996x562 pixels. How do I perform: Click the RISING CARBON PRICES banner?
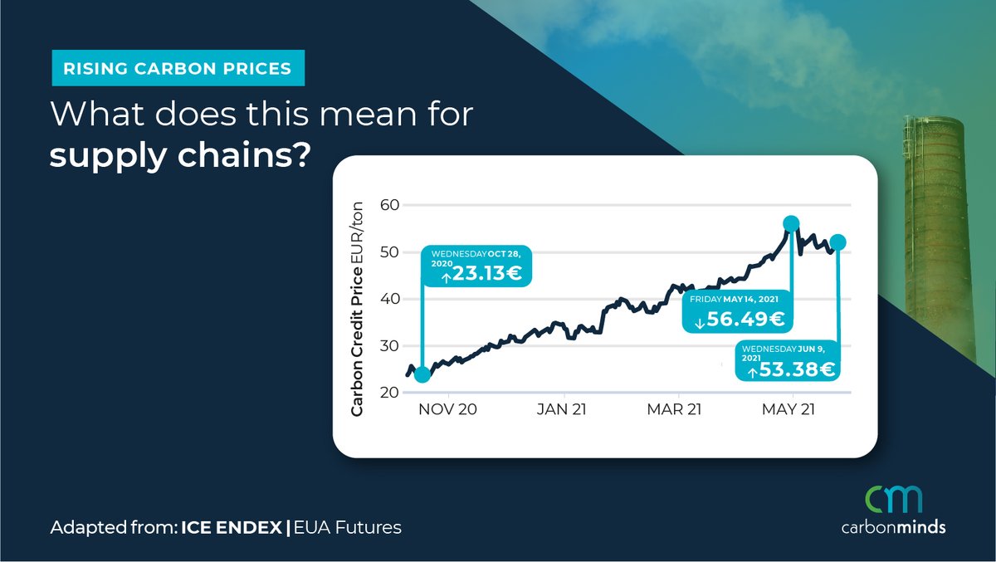[x=178, y=68]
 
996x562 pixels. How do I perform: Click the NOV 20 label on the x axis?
[x=447, y=409]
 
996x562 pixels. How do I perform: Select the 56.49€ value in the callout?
[x=745, y=318]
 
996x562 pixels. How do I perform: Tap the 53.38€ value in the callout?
[x=796, y=368]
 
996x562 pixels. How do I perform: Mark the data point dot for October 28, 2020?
[x=422, y=374]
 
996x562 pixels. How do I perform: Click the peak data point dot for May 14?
[x=791, y=222]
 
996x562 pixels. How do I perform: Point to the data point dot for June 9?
[x=837, y=242]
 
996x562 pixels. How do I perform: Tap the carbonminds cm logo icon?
[x=891, y=499]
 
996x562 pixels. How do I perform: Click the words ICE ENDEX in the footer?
[x=230, y=527]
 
